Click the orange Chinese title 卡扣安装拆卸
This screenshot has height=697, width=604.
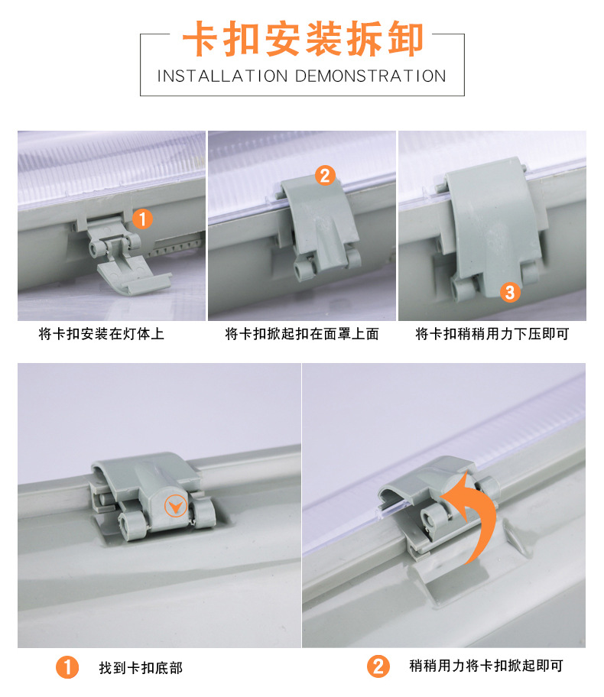click(303, 39)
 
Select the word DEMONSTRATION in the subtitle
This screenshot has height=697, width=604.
click(371, 76)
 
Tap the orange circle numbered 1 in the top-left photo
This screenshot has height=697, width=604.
click(142, 219)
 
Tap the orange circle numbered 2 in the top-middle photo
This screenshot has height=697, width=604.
click(325, 175)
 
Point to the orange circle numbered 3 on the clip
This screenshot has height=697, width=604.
click(510, 292)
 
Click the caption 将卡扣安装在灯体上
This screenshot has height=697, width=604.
click(102, 334)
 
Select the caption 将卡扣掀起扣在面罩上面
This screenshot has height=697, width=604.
click(302, 334)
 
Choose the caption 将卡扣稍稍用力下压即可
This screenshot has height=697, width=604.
click(492, 334)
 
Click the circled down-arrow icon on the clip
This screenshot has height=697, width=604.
click(176, 506)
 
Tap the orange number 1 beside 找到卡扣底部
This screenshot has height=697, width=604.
click(67, 668)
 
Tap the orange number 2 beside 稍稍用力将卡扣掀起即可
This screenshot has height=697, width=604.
click(378, 666)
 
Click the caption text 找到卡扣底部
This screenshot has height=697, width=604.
click(141, 668)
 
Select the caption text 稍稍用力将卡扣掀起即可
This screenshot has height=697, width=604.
click(486, 666)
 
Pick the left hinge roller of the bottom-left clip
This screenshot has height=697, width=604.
click(132, 525)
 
